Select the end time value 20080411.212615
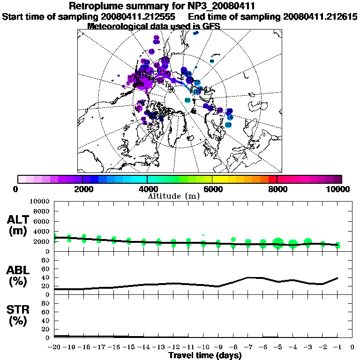pos(320,16)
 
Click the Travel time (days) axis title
pos(205,355)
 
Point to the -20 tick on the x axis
pos(54,347)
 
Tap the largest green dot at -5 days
pos(278,243)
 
